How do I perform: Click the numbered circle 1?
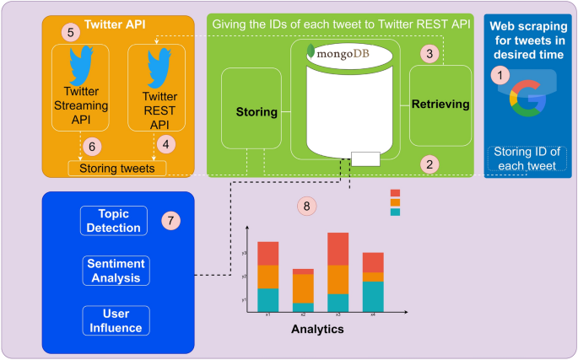click(x=502, y=76)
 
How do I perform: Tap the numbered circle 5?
click(x=71, y=33)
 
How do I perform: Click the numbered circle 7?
click(x=171, y=221)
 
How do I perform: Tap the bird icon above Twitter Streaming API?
click(x=82, y=64)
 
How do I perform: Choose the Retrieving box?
click(x=439, y=105)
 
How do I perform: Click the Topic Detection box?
click(x=113, y=220)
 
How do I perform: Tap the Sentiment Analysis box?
click(x=116, y=270)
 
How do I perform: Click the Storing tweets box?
click(x=116, y=168)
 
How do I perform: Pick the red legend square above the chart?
click(x=395, y=193)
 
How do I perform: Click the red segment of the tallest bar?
click(x=338, y=249)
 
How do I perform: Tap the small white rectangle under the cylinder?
click(x=365, y=158)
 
